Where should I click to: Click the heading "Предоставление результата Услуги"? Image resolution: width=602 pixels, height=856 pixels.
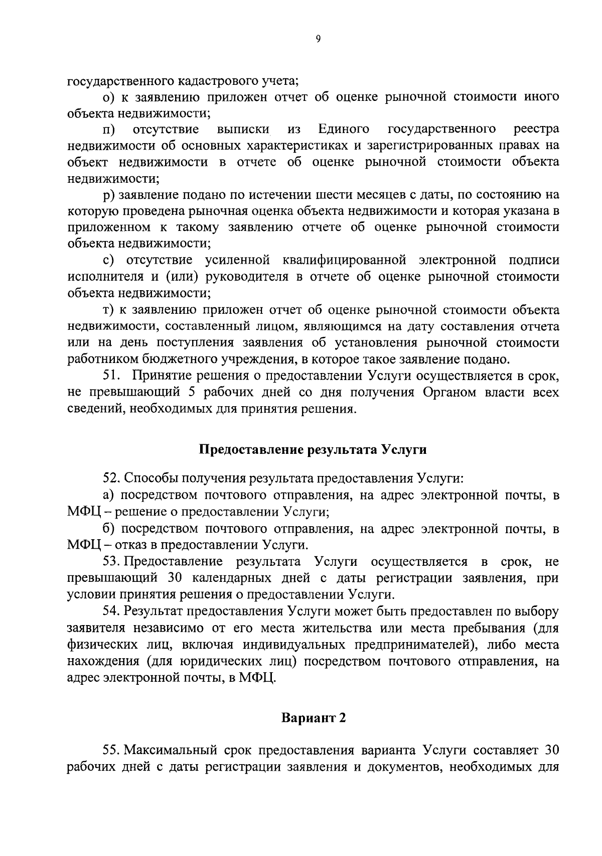coord(314,449)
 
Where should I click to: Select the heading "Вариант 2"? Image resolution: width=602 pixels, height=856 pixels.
coord(314,718)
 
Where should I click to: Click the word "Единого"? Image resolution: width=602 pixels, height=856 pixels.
coord(344,130)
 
